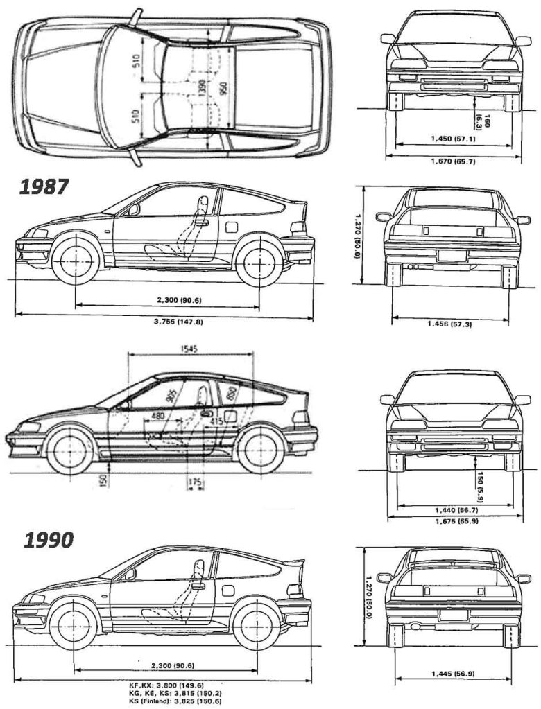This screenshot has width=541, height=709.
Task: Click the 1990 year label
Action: pos(48,540)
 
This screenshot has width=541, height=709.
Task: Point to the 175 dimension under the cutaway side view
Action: pos(195,480)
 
